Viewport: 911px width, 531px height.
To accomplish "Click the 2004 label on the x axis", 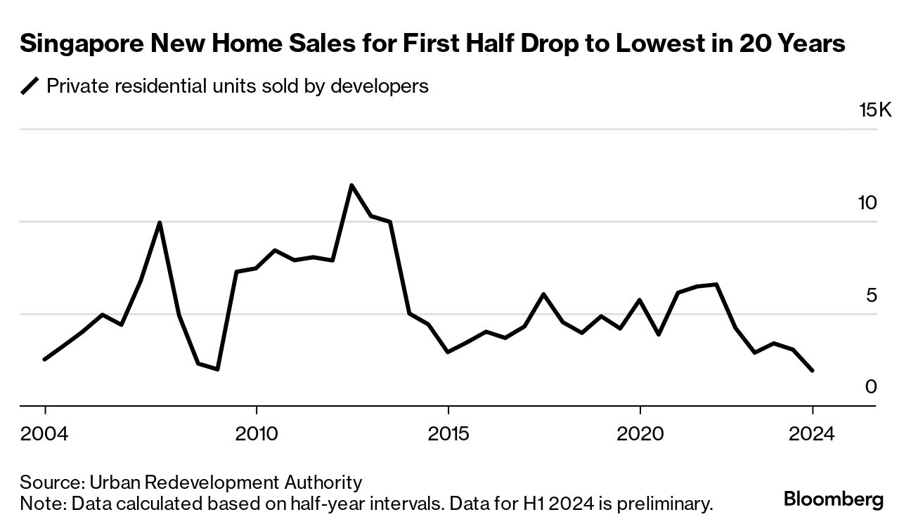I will coord(44,433).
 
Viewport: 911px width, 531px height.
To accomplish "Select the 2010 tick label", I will coord(257,433).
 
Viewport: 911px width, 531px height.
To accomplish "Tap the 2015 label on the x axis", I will coord(448,433).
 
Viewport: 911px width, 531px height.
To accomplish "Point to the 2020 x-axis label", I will coord(640,433).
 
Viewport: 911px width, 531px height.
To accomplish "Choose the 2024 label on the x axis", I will coord(812,433).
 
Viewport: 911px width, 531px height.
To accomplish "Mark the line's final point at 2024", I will coord(813,370).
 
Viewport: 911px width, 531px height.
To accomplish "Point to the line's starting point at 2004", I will coord(45,359).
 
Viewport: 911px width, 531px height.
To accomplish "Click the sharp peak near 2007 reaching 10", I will coord(160,223).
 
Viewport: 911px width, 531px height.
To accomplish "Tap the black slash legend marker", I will coord(30,86).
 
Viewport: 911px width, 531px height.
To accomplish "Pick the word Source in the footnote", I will coord(51,483).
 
